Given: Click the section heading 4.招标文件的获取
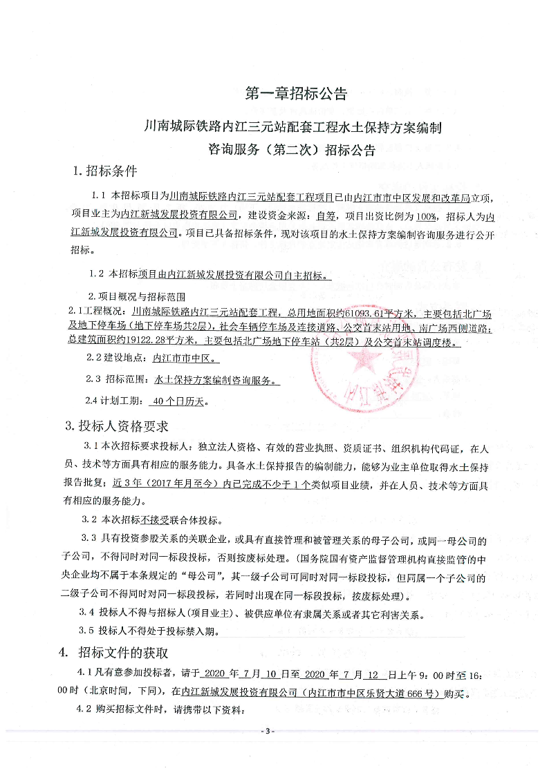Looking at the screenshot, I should point(113,653).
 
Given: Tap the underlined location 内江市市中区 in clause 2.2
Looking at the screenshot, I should point(183,359).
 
